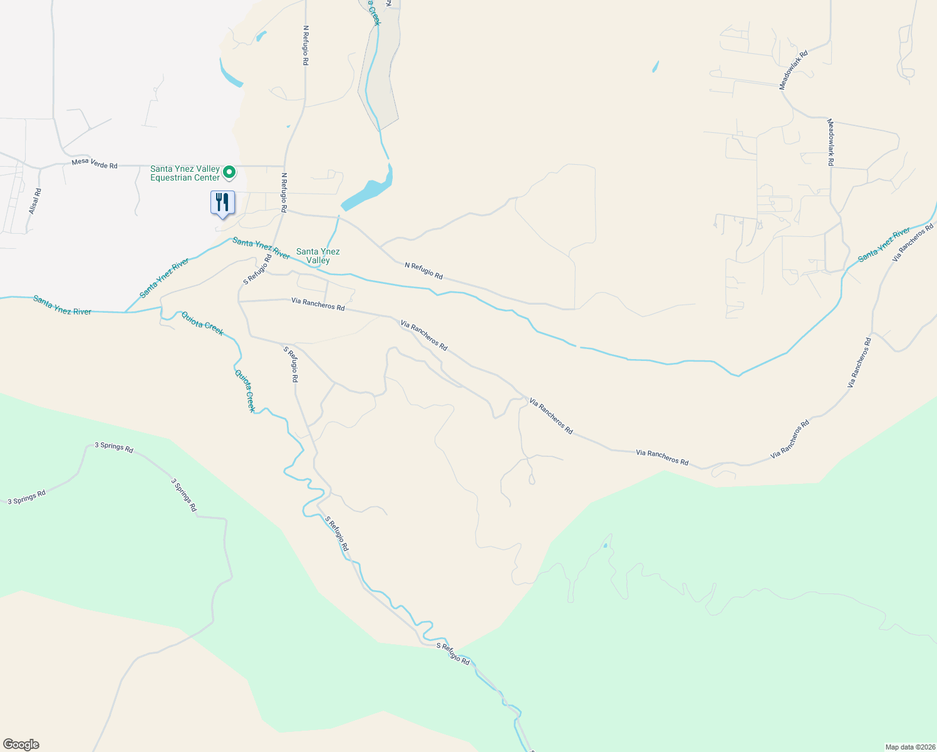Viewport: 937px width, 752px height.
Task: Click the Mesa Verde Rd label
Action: [x=95, y=164]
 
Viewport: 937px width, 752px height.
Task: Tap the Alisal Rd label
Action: [x=34, y=201]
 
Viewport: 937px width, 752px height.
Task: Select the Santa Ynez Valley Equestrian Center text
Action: [x=185, y=173]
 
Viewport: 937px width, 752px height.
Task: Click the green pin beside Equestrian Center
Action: [x=230, y=171]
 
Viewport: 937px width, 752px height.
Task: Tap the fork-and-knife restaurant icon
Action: [x=222, y=202]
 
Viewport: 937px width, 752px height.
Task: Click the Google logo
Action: [x=21, y=744]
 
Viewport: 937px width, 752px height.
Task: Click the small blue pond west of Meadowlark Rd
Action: [x=655, y=66]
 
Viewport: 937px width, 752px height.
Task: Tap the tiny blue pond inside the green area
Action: [x=605, y=546]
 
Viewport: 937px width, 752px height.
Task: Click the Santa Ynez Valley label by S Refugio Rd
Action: [x=318, y=256]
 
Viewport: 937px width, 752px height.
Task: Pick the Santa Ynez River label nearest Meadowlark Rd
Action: [x=884, y=245]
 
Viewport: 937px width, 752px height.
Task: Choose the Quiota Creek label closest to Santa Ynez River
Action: [x=202, y=323]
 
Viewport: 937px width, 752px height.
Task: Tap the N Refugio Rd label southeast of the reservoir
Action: [x=423, y=271]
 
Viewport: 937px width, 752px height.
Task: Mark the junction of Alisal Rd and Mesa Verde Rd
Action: [x=39, y=168]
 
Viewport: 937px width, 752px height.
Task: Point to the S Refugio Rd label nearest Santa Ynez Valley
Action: [x=257, y=269]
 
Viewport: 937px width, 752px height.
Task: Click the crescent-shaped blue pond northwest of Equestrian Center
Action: [x=229, y=75]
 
